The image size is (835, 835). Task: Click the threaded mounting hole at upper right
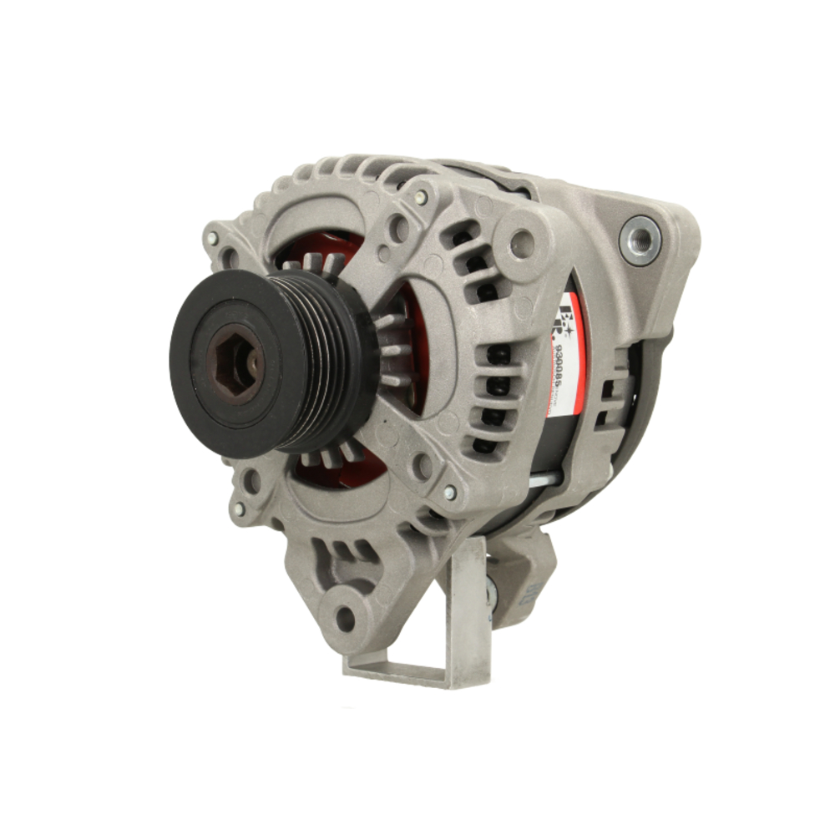click(x=640, y=240)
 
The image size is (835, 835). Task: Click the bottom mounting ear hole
click(x=345, y=619)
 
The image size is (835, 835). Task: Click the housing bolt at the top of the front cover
click(x=421, y=198)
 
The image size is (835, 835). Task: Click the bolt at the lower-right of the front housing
click(x=450, y=493)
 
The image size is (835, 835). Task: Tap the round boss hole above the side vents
click(x=523, y=242)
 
